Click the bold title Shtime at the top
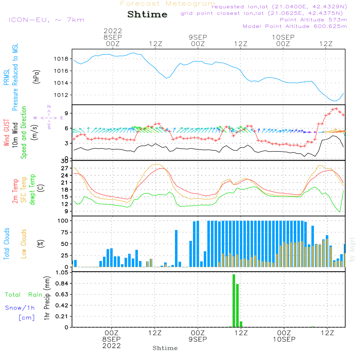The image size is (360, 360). coord(147,14)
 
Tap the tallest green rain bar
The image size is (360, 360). coord(234,301)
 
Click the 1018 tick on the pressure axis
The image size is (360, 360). coord(61,59)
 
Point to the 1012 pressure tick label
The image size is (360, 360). coord(61,95)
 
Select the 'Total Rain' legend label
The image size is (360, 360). coord(24,295)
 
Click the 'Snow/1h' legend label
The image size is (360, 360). coord(20,308)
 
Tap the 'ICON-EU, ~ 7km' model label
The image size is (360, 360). coord(46,20)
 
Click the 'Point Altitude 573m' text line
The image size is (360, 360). coord(314,20)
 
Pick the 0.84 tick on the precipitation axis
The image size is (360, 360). coord(62,284)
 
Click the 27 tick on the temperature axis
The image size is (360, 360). coord(65,168)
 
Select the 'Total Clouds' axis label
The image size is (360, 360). coord(6,244)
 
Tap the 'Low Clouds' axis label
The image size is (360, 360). coord(24,244)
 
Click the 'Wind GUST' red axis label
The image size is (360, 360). coord(6,133)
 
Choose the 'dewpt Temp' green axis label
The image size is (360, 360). coord(32,189)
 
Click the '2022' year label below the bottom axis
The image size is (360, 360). coord(112,346)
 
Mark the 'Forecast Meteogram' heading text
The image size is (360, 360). coord(168,4)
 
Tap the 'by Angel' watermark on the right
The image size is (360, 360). coord(352,249)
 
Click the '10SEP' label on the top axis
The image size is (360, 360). coord(283,37)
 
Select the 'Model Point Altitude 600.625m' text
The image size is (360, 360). coord(295,26)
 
